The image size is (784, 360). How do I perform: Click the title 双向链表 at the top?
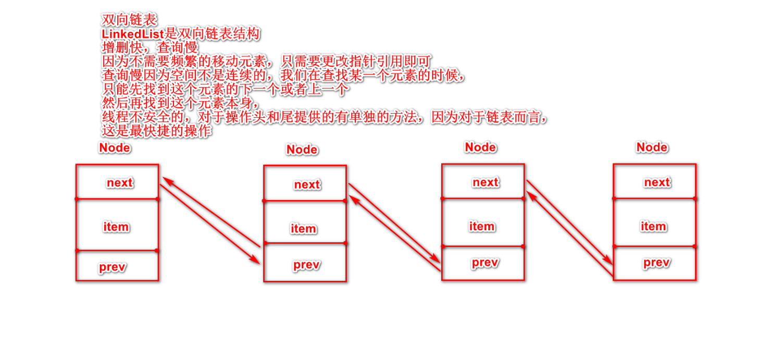[129, 20]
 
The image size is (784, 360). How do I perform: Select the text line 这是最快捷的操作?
[157, 131]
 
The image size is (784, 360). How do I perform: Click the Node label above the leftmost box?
[115, 148]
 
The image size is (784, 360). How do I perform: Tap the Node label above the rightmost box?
[652, 147]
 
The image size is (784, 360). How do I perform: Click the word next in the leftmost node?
[119, 183]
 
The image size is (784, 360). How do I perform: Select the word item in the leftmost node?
[116, 227]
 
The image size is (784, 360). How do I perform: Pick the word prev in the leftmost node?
[113, 267]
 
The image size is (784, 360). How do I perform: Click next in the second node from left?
[307, 185]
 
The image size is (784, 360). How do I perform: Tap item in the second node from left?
[303, 229]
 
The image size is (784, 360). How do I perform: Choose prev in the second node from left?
[306, 265]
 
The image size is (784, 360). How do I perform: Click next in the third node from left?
[486, 182]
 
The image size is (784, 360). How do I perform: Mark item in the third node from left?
[482, 227]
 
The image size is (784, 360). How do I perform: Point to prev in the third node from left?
[485, 263]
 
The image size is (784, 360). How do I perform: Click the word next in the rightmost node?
[657, 182]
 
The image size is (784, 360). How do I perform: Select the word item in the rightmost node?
[653, 227]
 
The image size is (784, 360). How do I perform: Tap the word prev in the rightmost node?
[656, 263]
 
